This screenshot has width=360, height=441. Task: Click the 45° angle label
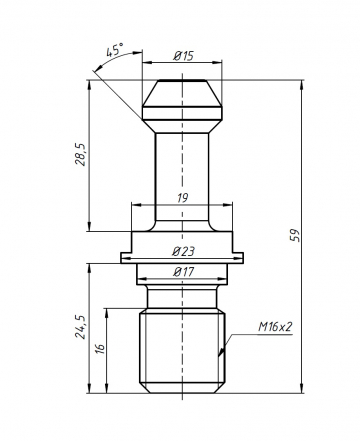pos(115,50)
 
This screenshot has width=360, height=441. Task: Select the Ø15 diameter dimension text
pos(183,56)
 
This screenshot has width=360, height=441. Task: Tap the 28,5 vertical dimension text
pos(81,155)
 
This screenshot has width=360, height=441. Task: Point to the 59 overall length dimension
pos(295,235)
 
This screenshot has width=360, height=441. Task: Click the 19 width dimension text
pos(182,198)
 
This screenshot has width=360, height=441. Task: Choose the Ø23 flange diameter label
pos(183,251)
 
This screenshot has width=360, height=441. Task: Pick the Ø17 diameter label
pos(183,272)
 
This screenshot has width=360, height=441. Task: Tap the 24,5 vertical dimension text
pos(81,327)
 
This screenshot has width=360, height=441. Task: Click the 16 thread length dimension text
pos(100,348)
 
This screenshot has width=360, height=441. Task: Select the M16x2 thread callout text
pos(275,327)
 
